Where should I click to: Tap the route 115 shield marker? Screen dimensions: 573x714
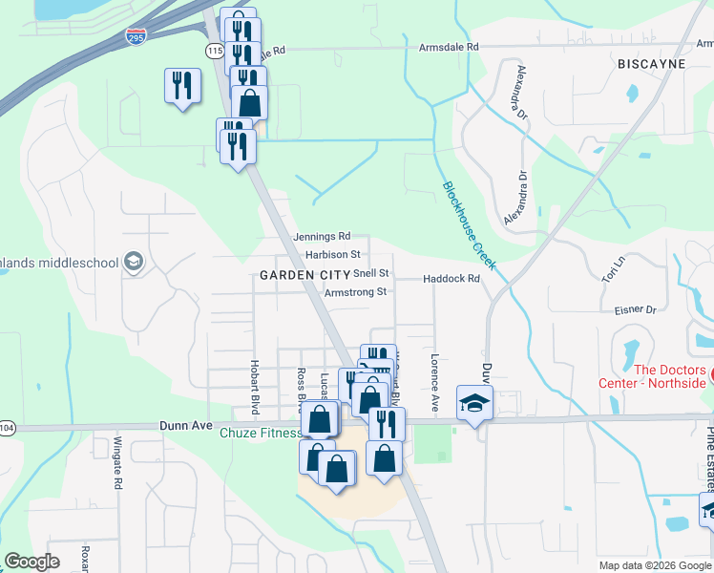pos(215,48)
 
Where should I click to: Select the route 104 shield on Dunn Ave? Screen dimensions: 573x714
pos(5,428)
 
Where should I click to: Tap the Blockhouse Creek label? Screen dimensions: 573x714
pos(469,225)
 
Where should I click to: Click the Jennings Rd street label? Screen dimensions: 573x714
pos(323,236)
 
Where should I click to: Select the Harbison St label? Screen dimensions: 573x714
pos(333,255)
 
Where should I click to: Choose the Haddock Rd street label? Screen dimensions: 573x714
pos(451,279)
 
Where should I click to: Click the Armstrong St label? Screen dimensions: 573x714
pos(355,292)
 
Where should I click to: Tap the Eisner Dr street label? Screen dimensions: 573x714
pos(636,309)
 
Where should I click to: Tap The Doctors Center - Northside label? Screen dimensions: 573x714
pos(670,377)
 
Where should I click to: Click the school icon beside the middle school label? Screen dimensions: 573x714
pos(134,263)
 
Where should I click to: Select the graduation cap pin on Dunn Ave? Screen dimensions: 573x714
pos(473,403)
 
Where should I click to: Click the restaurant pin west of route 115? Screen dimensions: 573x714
pos(180,86)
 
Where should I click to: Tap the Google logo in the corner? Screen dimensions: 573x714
pos(31,562)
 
